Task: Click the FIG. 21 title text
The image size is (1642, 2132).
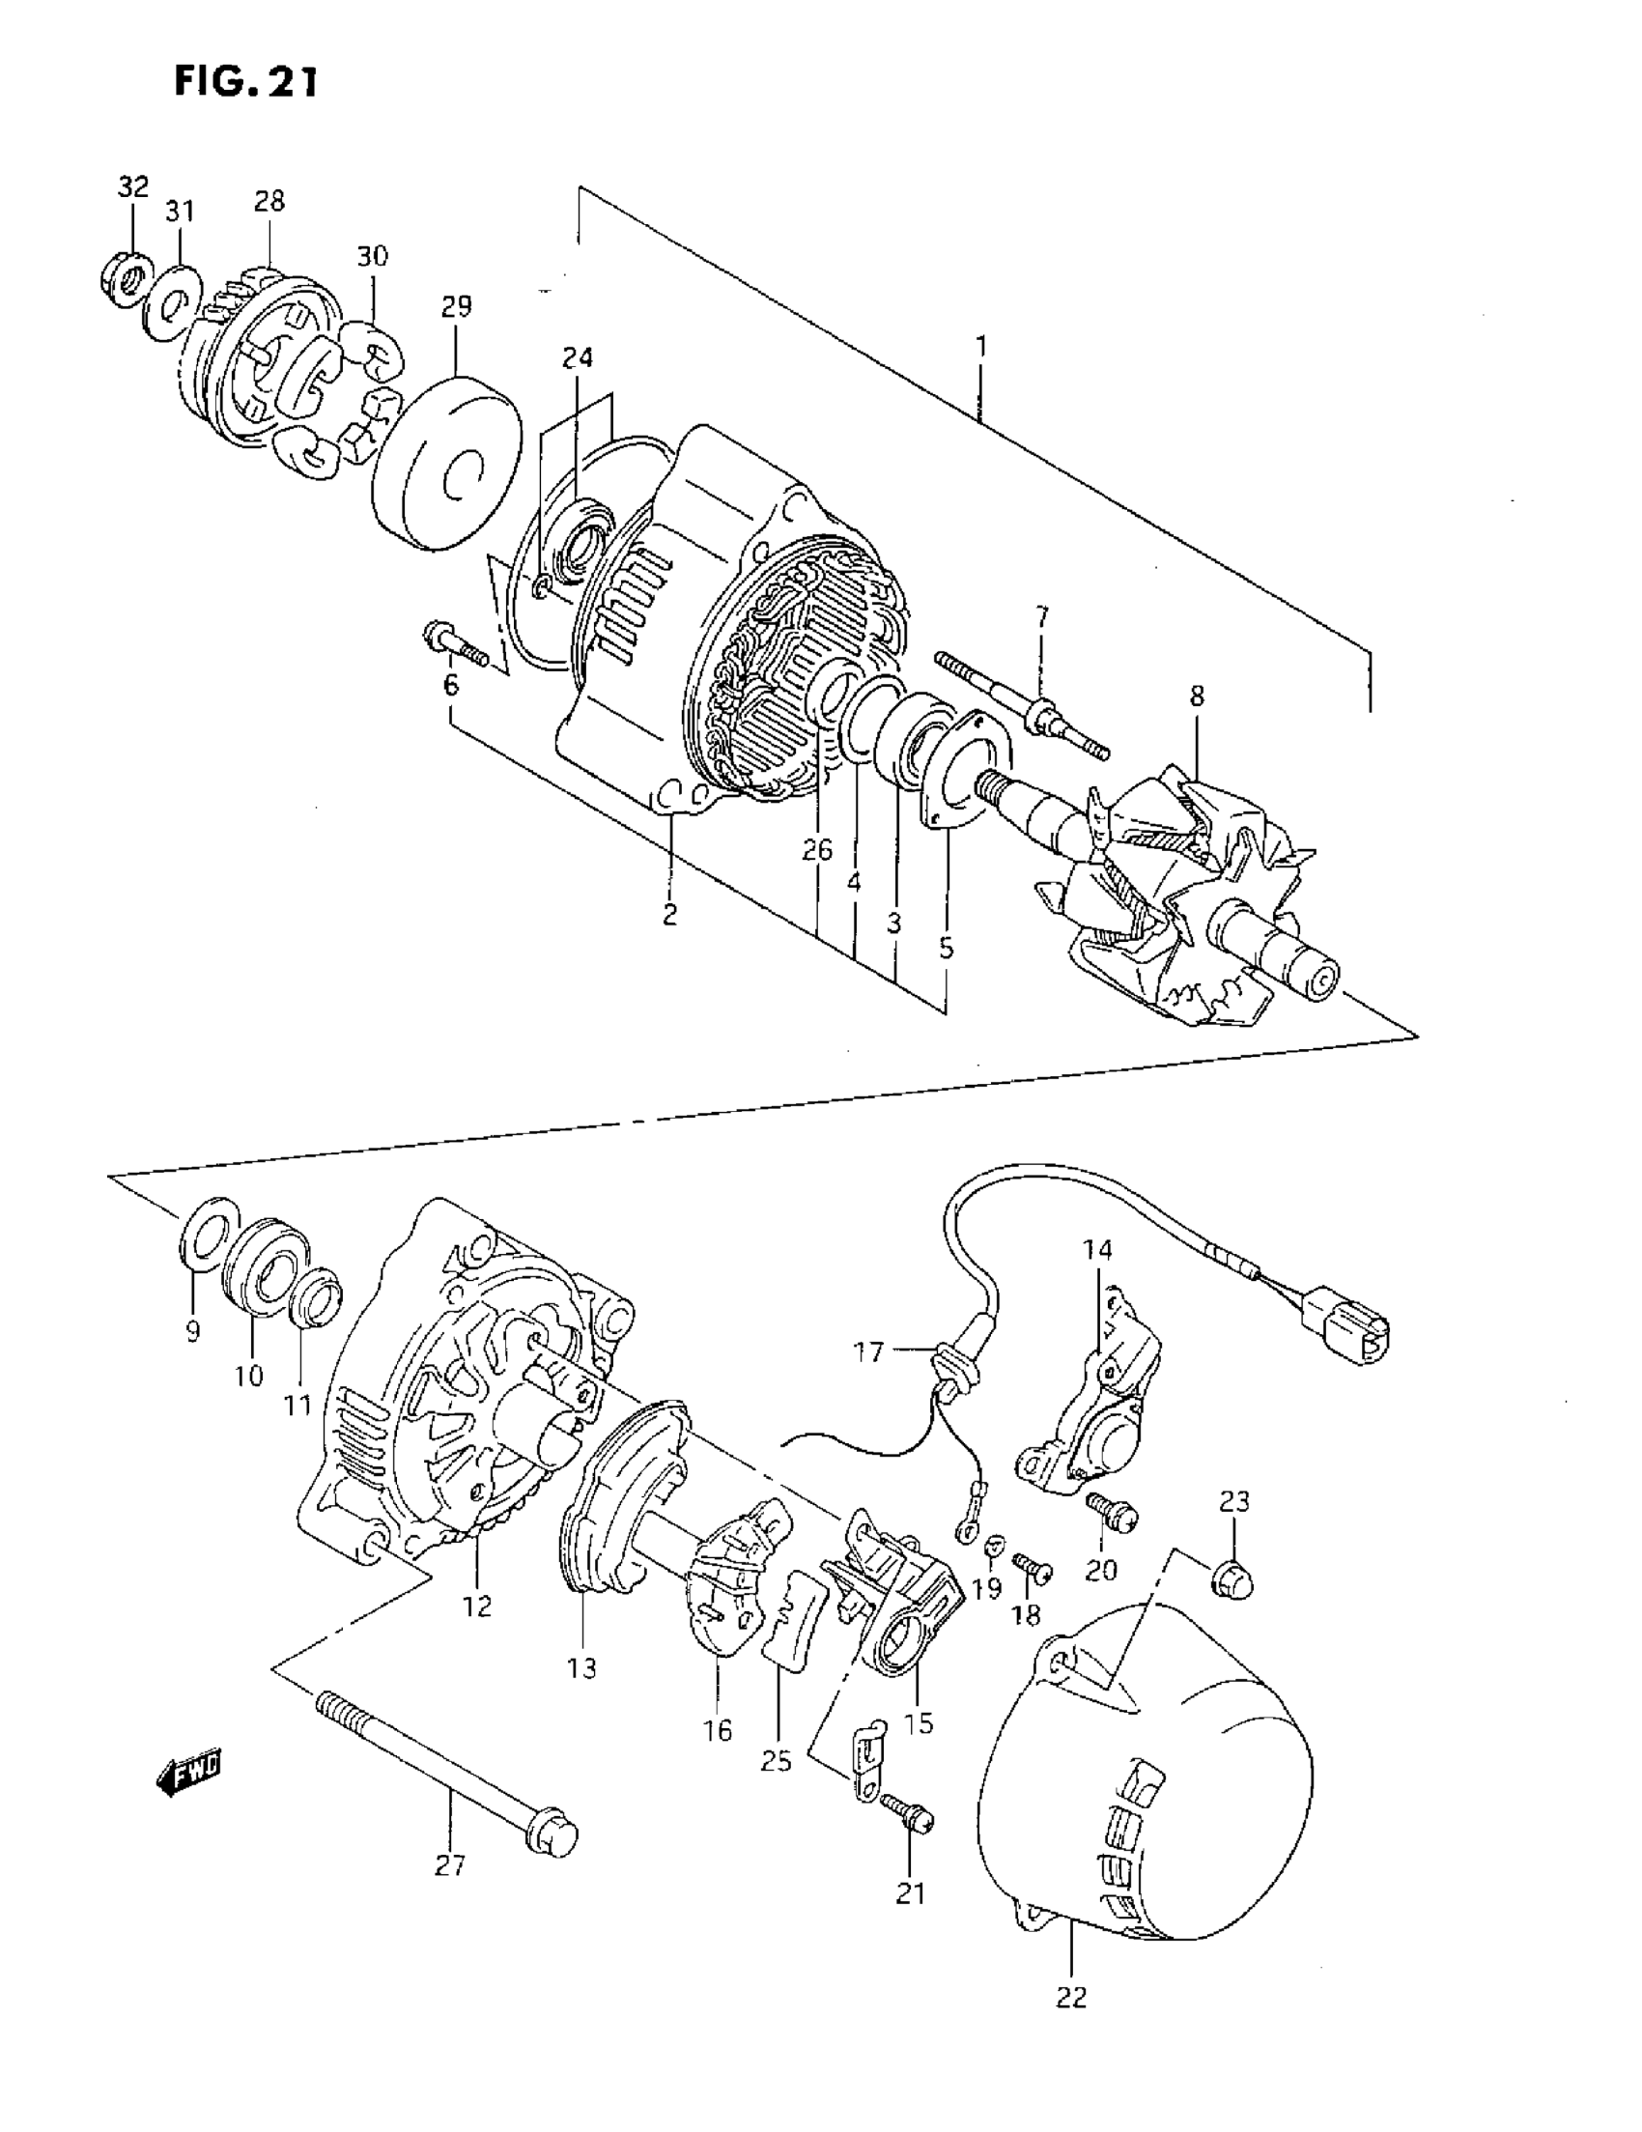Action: pyautogui.click(x=246, y=82)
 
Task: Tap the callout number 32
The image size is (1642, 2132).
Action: pyautogui.click(x=133, y=186)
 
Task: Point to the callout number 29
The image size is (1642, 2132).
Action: pyautogui.click(x=456, y=306)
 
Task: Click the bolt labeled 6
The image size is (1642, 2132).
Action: pyautogui.click(x=454, y=643)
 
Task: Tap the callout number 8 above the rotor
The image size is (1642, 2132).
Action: pyautogui.click(x=1197, y=696)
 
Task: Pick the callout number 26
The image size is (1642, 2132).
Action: pyautogui.click(x=817, y=850)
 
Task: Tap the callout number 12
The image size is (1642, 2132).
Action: pyautogui.click(x=477, y=1605)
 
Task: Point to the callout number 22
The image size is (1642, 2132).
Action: pyautogui.click(x=1071, y=1998)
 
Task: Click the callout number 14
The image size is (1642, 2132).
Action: pyautogui.click(x=1096, y=1248)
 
